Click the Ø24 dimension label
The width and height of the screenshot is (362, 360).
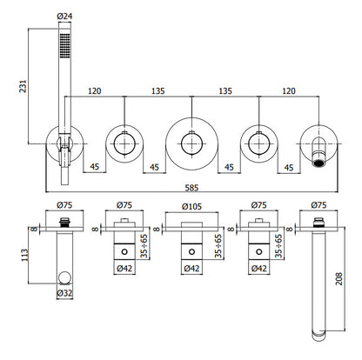coord(64,17)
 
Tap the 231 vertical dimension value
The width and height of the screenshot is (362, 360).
coord(23,86)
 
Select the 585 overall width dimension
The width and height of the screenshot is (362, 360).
coord(191,188)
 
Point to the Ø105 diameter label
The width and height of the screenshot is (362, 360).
coord(191,207)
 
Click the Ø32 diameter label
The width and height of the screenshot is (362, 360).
coord(64,293)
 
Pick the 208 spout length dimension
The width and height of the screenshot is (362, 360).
coord(339,278)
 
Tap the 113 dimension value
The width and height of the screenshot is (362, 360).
coord(25,255)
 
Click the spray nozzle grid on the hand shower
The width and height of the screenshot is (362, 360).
coord(64,44)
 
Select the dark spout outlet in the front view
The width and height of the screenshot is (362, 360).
coord(318,163)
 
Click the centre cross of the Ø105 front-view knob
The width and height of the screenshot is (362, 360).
coord(191,143)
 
